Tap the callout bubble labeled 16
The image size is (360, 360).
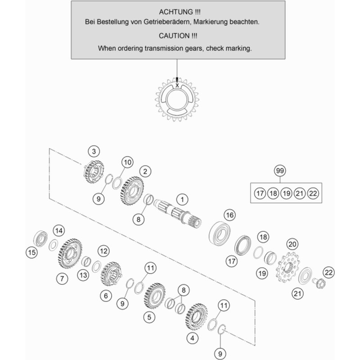pyautogui.click(x=230, y=216)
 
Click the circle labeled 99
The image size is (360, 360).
pyautogui.click(x=280, y=171)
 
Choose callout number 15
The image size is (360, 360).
pyautogui.click(x=31, y=253)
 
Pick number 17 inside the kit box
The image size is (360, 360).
pyautogui.click(x=259, y=193)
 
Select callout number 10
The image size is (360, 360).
pyautogui.click(x=127, y=162)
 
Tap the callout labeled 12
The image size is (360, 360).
pyautogui.click(x=104, y=250)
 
